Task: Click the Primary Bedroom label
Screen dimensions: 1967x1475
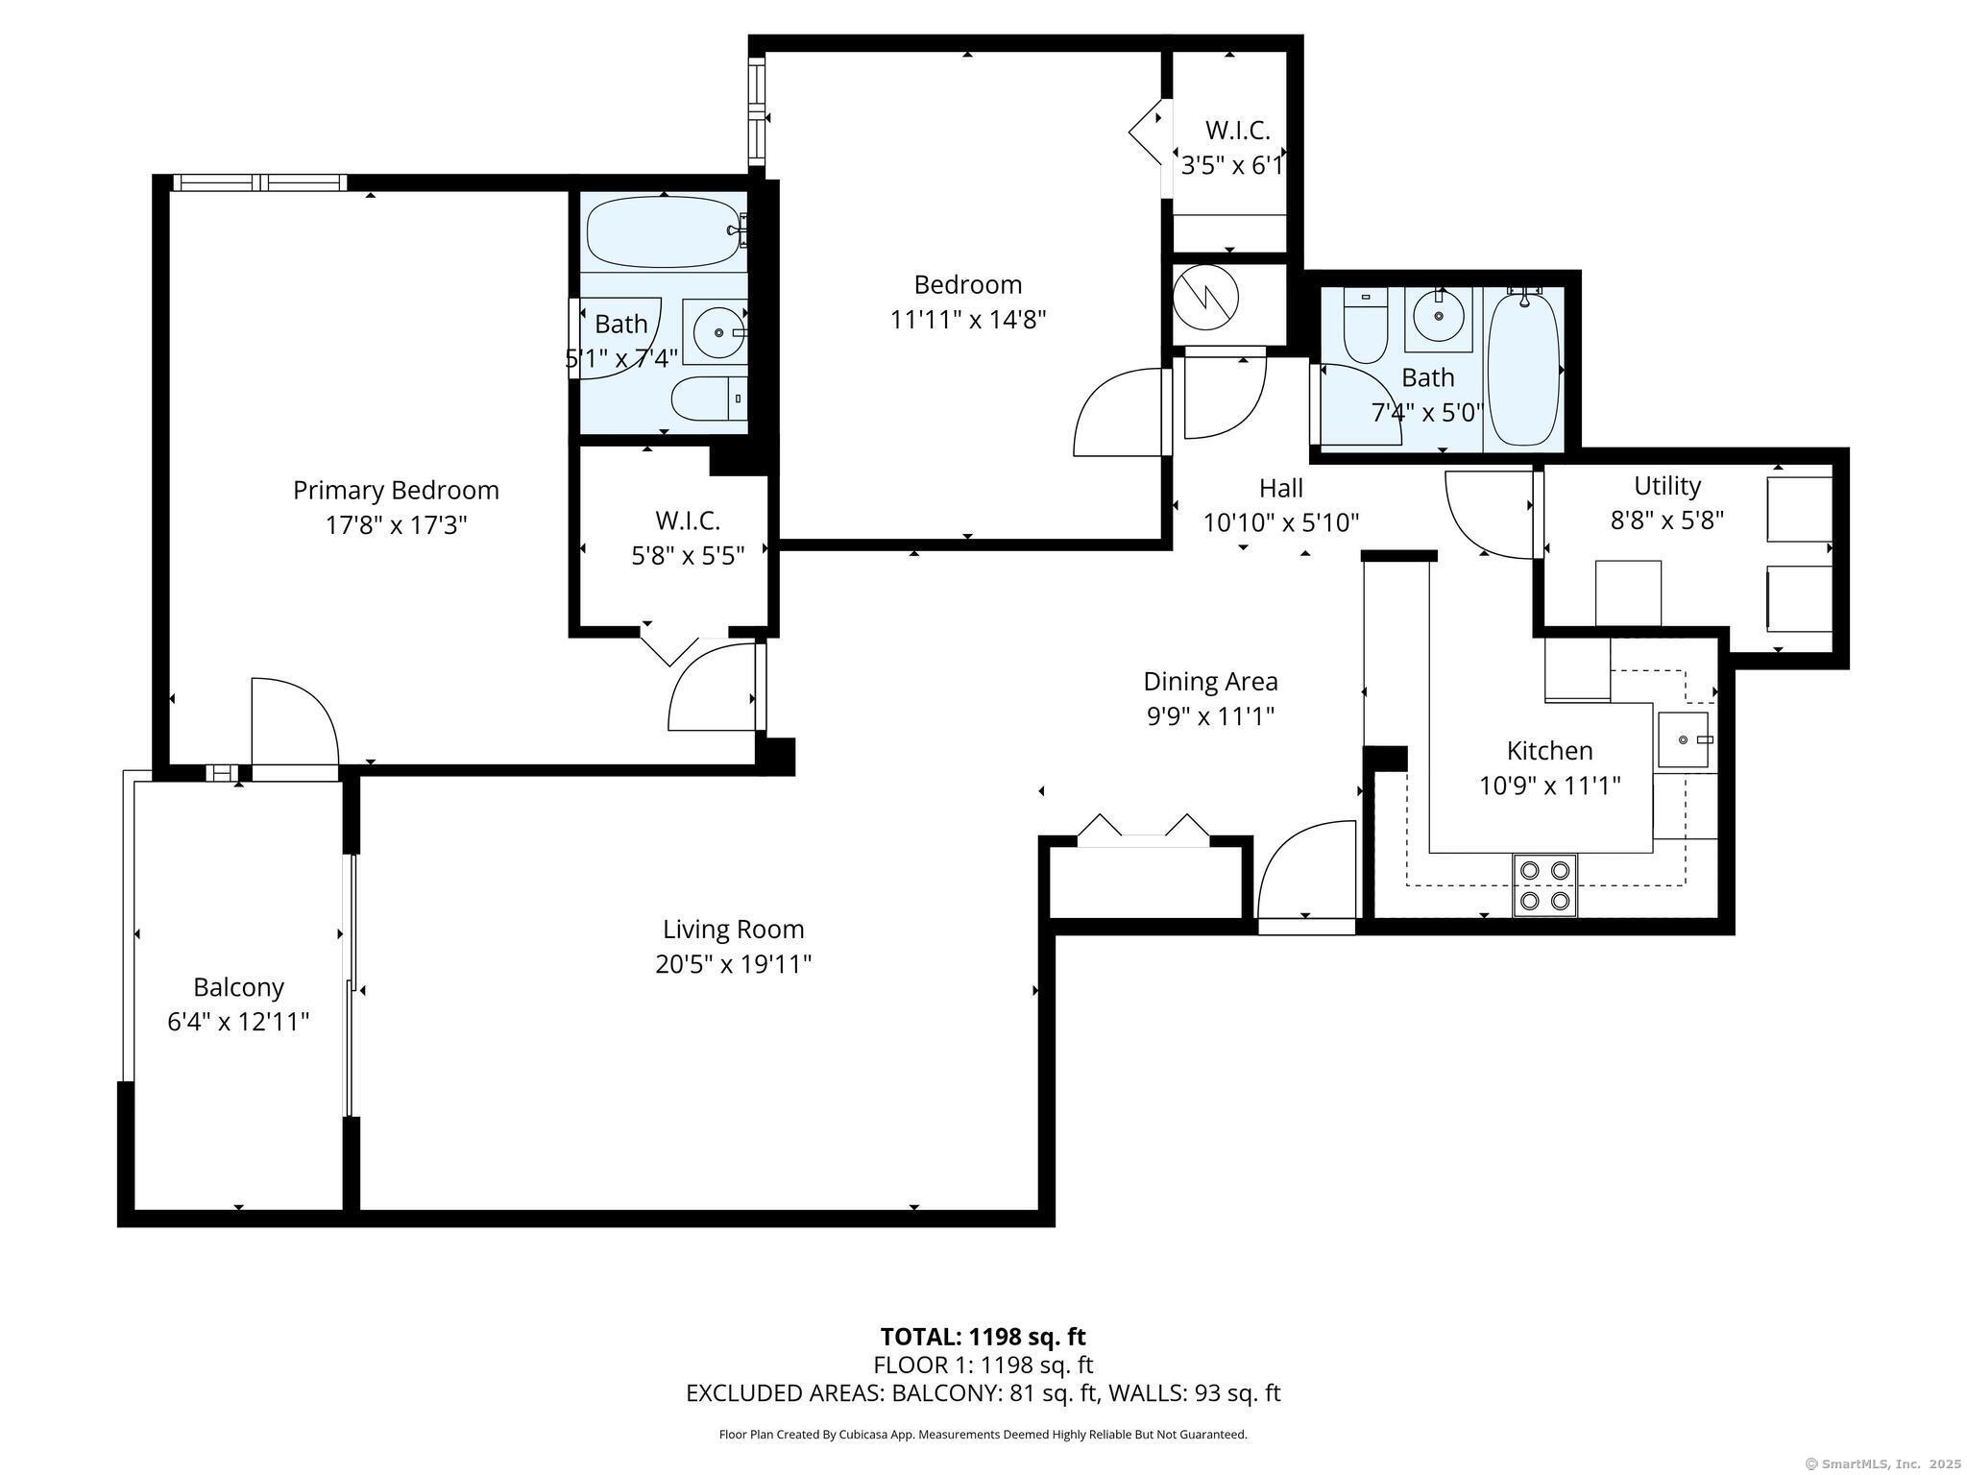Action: pos(396,491)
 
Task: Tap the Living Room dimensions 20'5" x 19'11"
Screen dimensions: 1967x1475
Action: pos(734,963)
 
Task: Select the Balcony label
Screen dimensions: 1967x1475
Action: pos(238,987)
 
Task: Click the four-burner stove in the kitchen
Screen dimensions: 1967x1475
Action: pos(1544,884)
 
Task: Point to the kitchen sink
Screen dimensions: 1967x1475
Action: pos(1684,740)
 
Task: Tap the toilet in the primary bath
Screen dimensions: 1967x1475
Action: pos(709,399)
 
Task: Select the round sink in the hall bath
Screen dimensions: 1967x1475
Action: pos(1439,315)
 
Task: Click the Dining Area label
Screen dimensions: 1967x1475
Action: pos(1210,682)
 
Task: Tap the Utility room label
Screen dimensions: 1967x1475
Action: pos(1667,486)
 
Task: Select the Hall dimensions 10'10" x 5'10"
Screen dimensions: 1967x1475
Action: pos(1281,522)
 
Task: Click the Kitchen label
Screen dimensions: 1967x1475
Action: pos(1549,750)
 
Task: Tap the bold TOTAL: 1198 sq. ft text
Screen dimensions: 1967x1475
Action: pos(983,1337)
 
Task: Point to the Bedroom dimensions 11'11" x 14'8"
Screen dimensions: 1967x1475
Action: pos(968,319)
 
